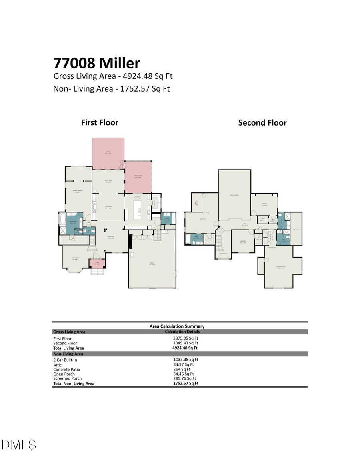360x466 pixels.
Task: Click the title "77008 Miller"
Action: click(97, 63)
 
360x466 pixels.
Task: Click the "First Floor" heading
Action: click(100, 122)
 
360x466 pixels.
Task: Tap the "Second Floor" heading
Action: click(262, 123)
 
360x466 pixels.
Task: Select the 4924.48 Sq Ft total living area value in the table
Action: click(185, 348)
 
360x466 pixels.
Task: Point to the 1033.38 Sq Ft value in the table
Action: click(186, 360)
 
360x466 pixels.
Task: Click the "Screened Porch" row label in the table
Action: click(67, 378)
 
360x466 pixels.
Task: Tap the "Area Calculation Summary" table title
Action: click(177, 326)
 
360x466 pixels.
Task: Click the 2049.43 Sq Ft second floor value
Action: click(185, 343)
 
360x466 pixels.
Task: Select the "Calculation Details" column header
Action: click(182, 332)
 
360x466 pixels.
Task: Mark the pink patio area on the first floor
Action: click(108, 153)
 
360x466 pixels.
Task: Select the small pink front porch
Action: click(97, 264)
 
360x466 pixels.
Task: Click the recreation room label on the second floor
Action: click(280, 267)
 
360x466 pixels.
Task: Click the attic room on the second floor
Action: click(296, 229)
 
